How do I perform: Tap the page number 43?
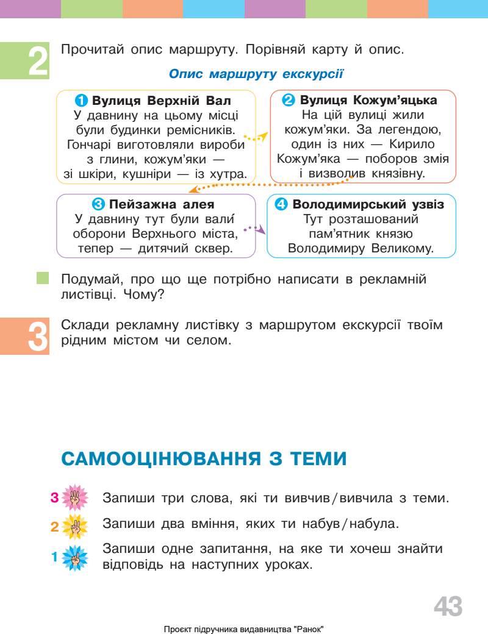pos(448,607)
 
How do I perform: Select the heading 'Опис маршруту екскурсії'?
pos(256,74)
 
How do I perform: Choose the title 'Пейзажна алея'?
pos(161,204)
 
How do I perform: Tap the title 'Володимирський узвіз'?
pos(368,204)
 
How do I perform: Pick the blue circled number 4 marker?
pos(281,204)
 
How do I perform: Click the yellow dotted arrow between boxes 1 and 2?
pos(255,138)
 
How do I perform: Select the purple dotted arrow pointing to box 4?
pos(256,229)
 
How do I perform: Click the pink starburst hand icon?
pos(76,497)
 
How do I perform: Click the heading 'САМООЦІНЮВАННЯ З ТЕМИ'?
pos(204,458)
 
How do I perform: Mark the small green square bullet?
pos(42,279)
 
